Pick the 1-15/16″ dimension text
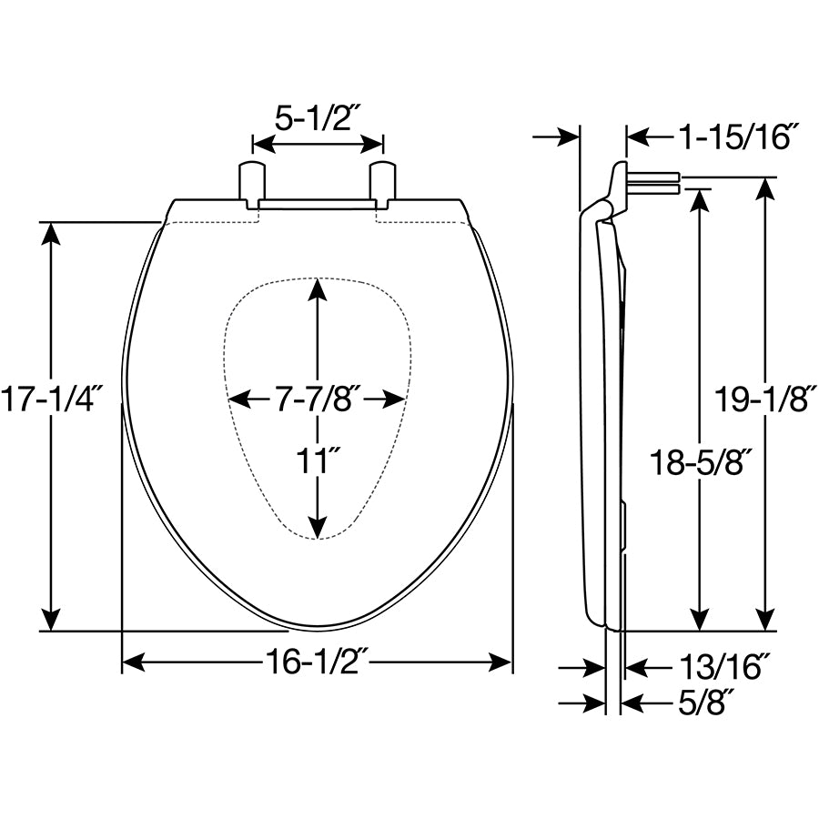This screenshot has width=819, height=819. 738,137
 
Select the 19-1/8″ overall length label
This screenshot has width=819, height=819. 764,399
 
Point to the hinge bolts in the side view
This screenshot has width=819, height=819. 654,183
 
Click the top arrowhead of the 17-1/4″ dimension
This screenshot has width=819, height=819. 51,234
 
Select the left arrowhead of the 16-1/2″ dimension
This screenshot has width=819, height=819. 133,662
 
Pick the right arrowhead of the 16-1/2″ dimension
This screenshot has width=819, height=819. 500,662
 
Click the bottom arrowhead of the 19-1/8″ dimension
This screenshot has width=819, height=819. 765,620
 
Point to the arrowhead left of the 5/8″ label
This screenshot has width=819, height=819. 594,703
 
